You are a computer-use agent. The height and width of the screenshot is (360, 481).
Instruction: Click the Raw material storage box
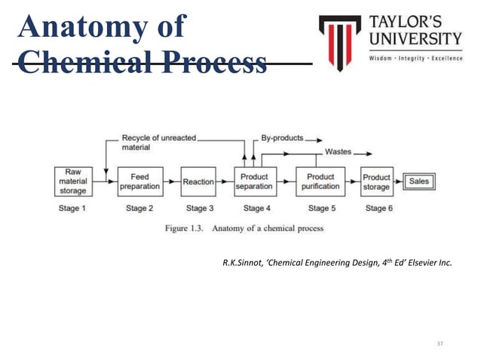pyautogui.click(x=73, y=181)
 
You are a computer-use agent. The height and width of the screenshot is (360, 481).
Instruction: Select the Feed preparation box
pyautogui.click(x=139, y=182)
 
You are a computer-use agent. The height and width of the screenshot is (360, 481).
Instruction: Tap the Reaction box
pyautogui.click(x=198, y=182)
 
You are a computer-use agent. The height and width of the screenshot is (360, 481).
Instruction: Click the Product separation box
pyautogui.click(x=254, y=182)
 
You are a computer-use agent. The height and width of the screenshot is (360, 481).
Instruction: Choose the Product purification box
pyautogui.click(x=320, y=182)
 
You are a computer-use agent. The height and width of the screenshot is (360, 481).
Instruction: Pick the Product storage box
pyautogui.click(x=376, y=182)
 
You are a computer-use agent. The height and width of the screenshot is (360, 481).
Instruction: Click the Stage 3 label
pyautogui.click(x=198, y=209)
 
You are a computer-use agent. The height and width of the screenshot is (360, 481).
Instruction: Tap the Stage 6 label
pyautogui.click(x=376, y=209)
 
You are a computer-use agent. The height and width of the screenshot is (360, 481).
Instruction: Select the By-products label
pyautogui.click(x=282, y=139)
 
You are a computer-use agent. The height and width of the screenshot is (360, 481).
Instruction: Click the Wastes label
pyautogui.click(x=337, y=151)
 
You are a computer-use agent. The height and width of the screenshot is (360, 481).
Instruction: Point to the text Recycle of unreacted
pyautogui.click(x=158, y=139)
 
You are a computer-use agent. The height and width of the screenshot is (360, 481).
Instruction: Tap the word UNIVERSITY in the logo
pyautogui.click(x=415, y=38)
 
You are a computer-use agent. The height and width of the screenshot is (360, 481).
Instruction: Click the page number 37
pyautogui.click(x=441, y=343)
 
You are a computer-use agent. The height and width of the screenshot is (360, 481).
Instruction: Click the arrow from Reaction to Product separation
pyautogui.click(x=225, y=182)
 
